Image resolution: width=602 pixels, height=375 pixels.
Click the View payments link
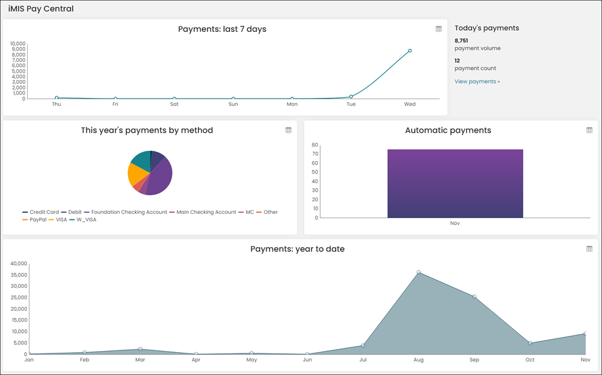point(478,81)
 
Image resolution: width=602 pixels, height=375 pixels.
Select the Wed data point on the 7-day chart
point(410,50)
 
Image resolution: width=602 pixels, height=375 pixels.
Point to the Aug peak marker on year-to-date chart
point(419,272)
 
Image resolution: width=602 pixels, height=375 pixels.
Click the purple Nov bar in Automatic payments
point(455,183)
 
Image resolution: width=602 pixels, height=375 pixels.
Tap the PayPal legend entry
point(34,219)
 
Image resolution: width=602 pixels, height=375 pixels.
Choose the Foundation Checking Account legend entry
point(126,212)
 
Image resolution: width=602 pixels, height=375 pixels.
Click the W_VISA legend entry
point(83,219)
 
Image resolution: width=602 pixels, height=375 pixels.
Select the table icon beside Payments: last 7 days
point(439,29)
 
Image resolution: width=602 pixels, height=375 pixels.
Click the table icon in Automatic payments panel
point(589,130)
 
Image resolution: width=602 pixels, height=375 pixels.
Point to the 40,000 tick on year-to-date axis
point(19,263)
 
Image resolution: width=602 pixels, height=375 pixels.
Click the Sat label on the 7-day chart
point(174,104)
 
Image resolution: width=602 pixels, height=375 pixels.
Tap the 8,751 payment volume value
point(461,41)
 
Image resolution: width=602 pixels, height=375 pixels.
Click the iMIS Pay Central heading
point(41,9)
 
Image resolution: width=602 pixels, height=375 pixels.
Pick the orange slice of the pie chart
point(136,175)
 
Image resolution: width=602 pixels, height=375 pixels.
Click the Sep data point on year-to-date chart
point(474,297)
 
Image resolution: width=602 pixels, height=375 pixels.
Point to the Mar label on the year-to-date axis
point(140,359)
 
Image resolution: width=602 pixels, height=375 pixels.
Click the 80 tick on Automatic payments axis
point(315,145)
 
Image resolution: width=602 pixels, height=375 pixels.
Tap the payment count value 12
point(457,61)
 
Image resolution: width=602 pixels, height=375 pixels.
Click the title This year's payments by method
point(147,130)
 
